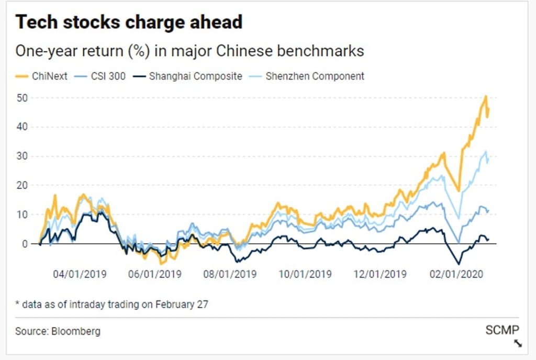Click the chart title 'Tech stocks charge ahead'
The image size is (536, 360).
129,22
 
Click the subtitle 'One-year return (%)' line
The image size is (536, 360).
189,51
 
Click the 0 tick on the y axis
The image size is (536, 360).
24,244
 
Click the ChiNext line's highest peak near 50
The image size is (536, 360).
486,97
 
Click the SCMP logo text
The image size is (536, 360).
502,330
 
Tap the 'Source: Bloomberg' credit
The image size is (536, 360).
58,331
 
